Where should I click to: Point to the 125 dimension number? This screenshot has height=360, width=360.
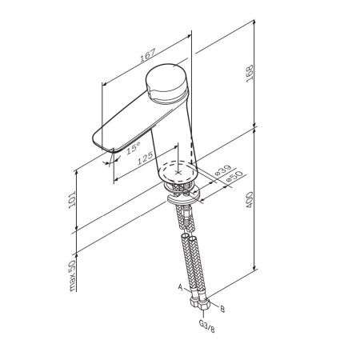point(146,159)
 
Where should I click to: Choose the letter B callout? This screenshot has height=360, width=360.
point(222,307)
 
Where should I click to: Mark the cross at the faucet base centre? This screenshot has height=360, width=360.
point(178,170)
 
